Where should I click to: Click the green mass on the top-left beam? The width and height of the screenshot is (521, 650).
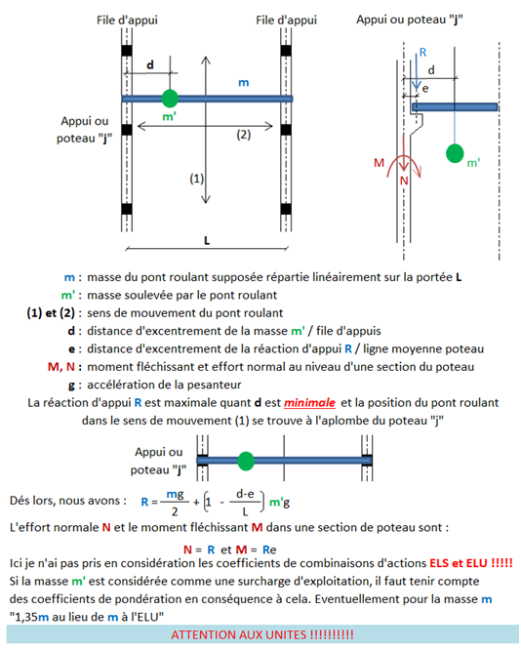click(170, 99)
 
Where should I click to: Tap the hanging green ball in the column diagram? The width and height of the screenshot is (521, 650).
click(455, 153)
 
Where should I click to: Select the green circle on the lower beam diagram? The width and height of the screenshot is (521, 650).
click(246, 461)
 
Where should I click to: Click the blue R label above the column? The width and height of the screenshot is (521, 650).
click(422, 53)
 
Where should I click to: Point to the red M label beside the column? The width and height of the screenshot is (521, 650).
click(379, 163)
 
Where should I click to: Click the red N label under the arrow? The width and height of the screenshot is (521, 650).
click(404, 181)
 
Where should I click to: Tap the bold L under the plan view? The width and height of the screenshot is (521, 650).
click(207, 240)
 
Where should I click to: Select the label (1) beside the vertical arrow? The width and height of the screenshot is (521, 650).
click(197, 179)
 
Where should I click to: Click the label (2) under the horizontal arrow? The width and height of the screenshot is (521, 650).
click(244, 135)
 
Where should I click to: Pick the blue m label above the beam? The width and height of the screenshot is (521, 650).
click(244, 83)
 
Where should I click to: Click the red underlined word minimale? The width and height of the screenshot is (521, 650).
click(309, 403)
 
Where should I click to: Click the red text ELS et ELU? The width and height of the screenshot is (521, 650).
click(459, 563)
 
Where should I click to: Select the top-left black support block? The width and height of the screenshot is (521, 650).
click(127, 51)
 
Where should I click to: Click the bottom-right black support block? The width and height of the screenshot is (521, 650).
click(286, 209)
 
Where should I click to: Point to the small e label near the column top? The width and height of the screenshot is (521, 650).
click(425, 89)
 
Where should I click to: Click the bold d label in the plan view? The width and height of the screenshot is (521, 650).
click(150, 64)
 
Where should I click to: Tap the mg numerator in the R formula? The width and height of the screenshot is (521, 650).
click(175, 495)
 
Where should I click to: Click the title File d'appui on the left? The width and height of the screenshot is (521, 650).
click(127, 20)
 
